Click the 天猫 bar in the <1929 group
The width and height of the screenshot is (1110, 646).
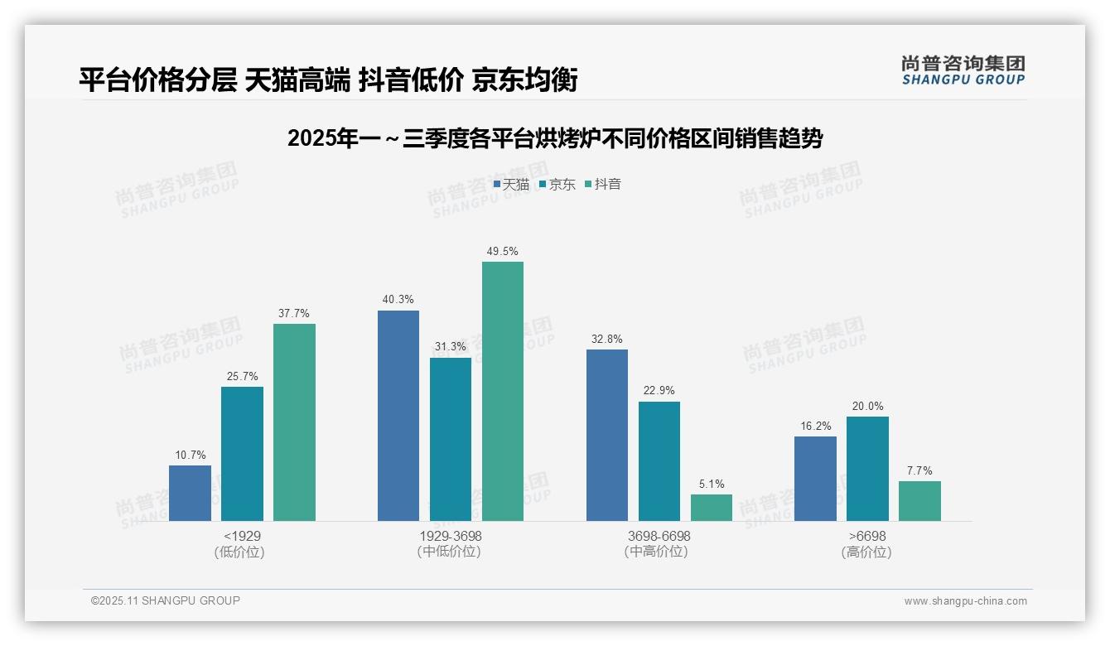point(190,493)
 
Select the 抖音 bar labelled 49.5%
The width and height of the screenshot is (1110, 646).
point(503,391)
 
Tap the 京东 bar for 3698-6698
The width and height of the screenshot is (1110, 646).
point(659,461)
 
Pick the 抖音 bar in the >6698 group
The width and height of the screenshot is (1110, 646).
point(919,501)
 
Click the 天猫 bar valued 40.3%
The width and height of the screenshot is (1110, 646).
point(398,416)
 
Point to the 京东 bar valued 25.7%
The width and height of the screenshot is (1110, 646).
point(242,454)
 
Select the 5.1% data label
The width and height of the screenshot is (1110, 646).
point(712,485)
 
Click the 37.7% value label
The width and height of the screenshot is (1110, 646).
point(294,314)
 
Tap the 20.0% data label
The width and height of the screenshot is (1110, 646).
point(867,407)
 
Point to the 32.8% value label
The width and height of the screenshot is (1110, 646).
point(607,340)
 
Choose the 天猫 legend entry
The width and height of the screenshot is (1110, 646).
point(511,185)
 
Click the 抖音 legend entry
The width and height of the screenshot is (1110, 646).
point(603,185)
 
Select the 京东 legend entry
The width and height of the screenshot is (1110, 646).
point(557,185)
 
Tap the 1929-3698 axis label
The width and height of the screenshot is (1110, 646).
point(451,537)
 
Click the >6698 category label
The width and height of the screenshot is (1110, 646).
point(866,537)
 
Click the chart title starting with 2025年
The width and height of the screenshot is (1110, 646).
point(555,139)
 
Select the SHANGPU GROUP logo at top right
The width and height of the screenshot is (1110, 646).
point(963,70)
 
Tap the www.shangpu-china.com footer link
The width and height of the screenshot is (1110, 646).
point(965,601)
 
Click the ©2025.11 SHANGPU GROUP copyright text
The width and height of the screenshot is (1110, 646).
point(166,600)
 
